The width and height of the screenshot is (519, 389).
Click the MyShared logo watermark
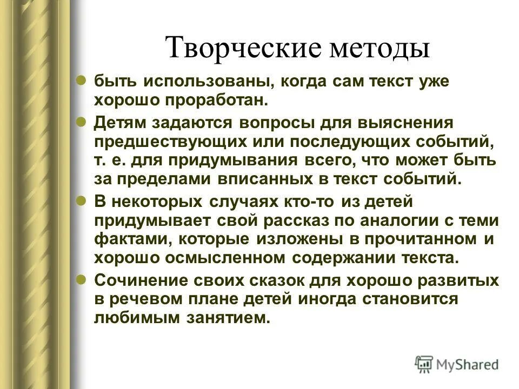[x=457, y=364]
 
